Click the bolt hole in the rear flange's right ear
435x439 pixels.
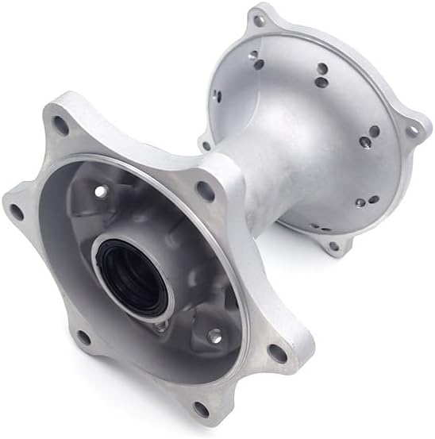tap(411, 130)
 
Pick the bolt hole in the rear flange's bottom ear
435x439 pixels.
tap(334, 246)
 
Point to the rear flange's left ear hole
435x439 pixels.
tap(206, 145)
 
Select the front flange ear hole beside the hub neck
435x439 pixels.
tap(205, 191)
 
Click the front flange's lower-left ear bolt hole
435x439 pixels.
tap(83, 337)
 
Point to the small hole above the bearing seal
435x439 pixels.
tap(100, 191)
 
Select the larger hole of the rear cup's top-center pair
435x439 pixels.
tap(321, 82)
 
